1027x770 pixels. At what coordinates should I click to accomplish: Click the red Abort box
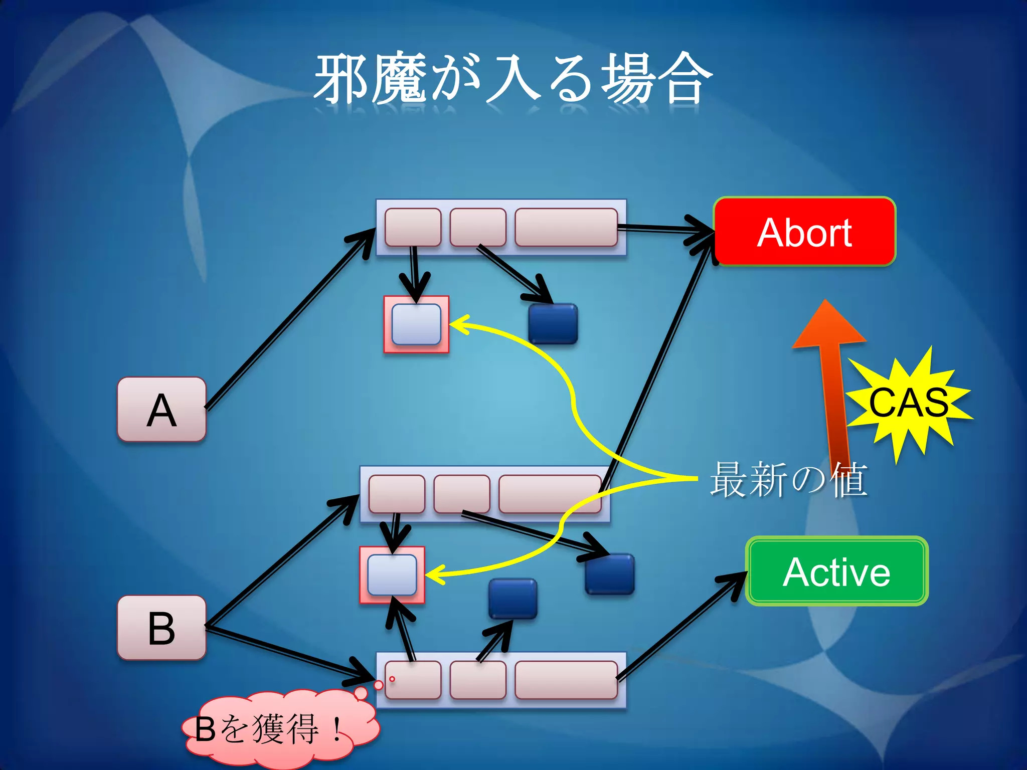coord(804,232)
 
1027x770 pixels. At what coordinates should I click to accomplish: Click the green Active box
coord(836,571)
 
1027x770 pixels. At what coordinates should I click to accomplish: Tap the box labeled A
coord(161,410)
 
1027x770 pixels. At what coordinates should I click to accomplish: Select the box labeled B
coord(161,628)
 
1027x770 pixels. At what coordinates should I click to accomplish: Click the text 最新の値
coord(788,480)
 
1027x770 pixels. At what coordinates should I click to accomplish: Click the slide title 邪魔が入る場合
coord(512,79)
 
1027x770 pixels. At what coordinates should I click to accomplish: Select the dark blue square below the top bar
coord(553,324)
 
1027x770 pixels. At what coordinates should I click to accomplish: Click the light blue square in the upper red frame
coord(416,324)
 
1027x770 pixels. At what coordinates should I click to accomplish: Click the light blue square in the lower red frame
coord(392,574)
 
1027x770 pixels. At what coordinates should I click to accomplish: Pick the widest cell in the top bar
coord(566,228)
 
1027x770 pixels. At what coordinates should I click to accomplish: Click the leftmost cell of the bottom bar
coord(413,680)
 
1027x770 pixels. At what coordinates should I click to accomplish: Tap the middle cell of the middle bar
coord(461,494)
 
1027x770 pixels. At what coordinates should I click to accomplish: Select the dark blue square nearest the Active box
coord(610,574)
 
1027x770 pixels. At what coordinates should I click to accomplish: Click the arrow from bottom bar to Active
coord(682,627)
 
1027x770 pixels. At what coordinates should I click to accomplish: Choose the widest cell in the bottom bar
coord(566,680)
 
